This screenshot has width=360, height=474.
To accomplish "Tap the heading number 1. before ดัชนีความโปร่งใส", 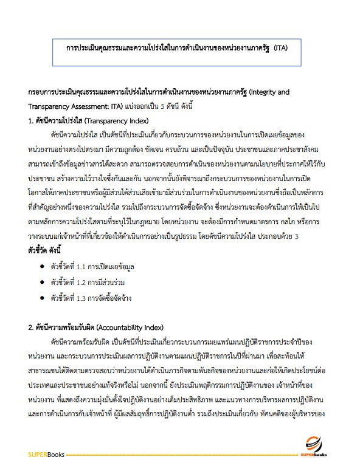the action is tap(32, 120).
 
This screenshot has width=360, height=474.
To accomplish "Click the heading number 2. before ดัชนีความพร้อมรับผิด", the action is tap(32, 327).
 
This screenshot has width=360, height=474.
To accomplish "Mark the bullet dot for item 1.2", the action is tap(41, 282).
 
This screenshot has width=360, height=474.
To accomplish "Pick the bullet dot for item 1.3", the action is tap(41, 298).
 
